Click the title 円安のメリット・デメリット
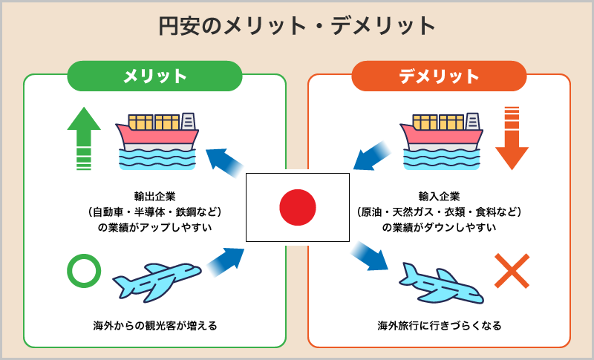(x=296, y=26)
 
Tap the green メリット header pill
(x=154, y=76)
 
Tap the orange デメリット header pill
(x=439, y=76)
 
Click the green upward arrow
(x=84, y=139)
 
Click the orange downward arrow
(x=512, y=139)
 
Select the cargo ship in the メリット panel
(x=157, y=141)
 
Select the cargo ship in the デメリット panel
(x=441, y=141)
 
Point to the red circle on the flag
(x=298, y=207)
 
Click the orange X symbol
(x=512, y=271)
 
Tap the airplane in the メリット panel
(x=157, y=282)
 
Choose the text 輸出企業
(x=154, y=197)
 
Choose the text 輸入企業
(x=439, y=197)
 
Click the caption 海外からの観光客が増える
(x=155, y=326)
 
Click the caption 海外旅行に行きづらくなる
(x=440, y=326)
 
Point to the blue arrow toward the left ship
(x=225, y=163)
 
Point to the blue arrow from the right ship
(x=372, y=156)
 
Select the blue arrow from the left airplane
(x=225, y=262)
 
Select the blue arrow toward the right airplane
(x=369, y=255)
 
